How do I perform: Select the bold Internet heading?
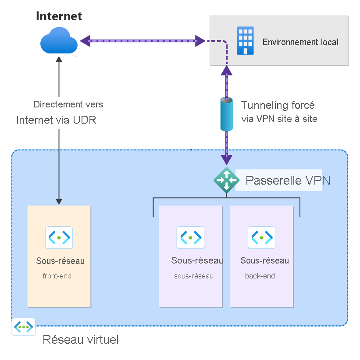click(59, 17)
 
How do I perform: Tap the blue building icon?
click(245, 41)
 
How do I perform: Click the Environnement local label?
click(300, 42)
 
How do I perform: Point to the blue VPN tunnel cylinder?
click(226, 114)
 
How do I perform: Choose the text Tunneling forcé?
click(278, 106)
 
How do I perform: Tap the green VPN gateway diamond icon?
click(226, 180)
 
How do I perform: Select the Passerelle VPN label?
click(288, 180)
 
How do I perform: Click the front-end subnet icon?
click(59, 238)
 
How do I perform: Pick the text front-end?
click(57, 276)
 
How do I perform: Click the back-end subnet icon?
click(261, 238)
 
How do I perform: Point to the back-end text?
click(260, 276)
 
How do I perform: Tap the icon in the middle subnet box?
click(190, 238)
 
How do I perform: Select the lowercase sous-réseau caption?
click(194, 276)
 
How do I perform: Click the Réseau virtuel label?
click(81, 340)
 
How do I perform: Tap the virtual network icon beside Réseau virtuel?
click(23, 327)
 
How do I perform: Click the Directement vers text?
click(68, 105)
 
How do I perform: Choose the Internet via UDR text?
click(56, 120)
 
